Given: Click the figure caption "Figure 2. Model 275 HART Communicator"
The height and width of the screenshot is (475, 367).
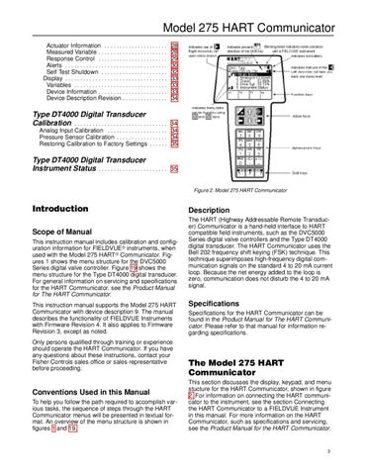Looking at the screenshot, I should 262,188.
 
